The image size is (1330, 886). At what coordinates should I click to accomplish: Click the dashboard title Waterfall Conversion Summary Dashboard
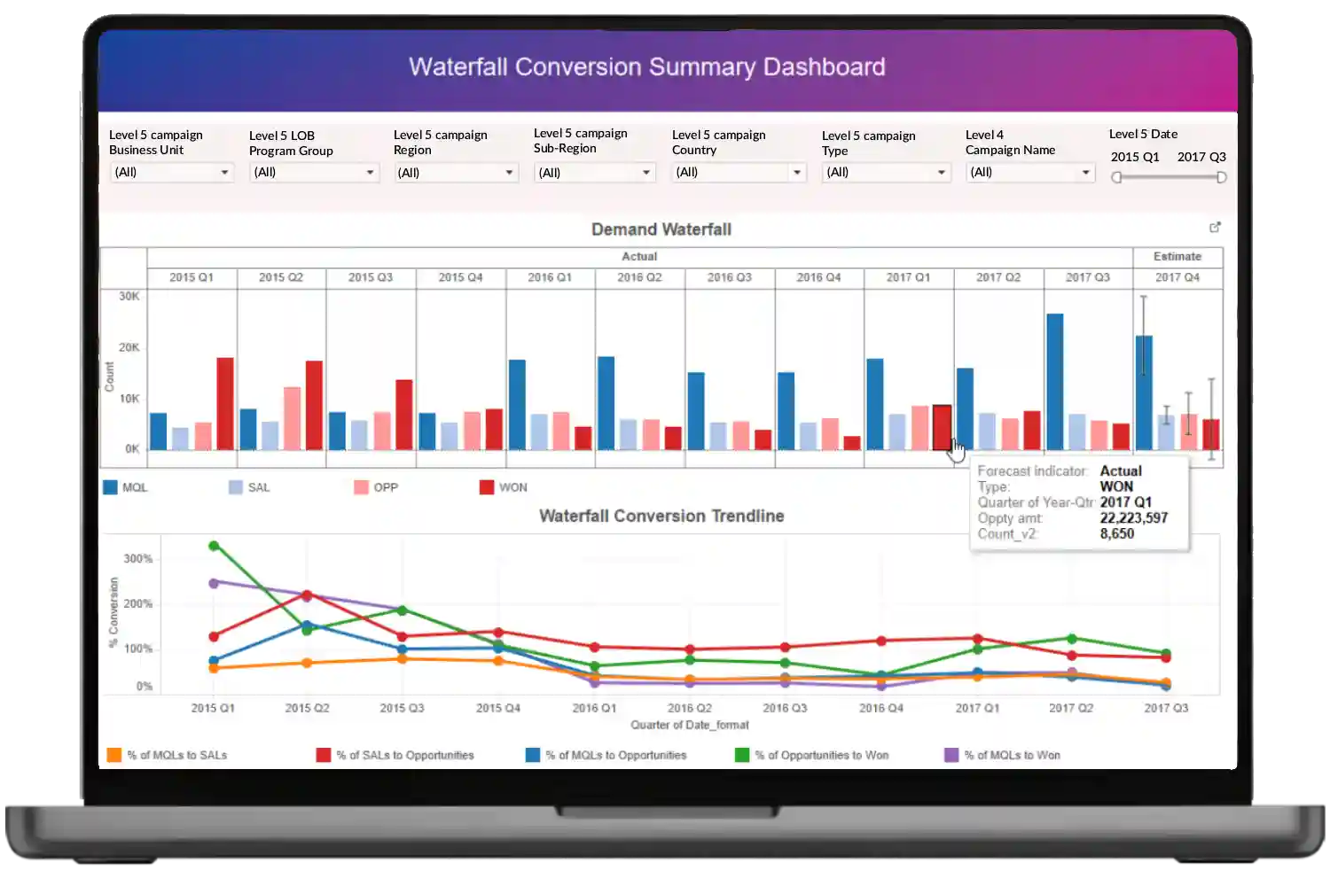pyautogui.click(x=646, y=67)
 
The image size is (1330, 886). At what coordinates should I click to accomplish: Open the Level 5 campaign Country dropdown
pyautogui.click(x=739, y=172)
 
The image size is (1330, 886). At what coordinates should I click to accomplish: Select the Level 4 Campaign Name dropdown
pyautogui.click(x=1030, y=172)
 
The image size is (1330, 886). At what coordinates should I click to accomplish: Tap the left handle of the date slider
pyautogui.click(x=1116, y=177)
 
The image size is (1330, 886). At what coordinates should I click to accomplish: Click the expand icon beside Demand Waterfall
pyautogui.click(x=1215, y=228)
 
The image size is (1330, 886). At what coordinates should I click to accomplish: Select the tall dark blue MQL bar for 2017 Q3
pyautogui.click(x=1054, y=382)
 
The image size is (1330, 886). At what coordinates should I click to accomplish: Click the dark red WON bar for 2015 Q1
pyautogui.click(x=225, y=403)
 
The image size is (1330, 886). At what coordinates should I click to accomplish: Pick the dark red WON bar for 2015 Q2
pyautogui.click(x=314, y=405)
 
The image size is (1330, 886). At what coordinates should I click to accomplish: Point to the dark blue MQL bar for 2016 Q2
pyautogui.click(x=606, y=403)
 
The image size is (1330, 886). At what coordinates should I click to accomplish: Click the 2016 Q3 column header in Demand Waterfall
pyautogui.click(x=729, y=277)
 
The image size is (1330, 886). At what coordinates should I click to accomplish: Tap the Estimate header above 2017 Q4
pyautogui.click(x=1177, y=257)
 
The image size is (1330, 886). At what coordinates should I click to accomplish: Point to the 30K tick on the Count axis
pyautogui.click(x=129, y=296)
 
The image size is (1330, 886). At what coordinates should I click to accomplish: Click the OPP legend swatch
pyautogui.click(x=361, y=487)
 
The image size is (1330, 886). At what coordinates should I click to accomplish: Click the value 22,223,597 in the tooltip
pyautogui.click(x=1133, y=517)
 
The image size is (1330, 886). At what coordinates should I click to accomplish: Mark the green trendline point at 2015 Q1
pyautogui.click(x=214, y=546)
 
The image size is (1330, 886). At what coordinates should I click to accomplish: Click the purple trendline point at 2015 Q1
pyautogui.click(x=214, y=583)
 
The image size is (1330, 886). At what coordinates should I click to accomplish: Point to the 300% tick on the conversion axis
pyautogui.click(x=138, y=559)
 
